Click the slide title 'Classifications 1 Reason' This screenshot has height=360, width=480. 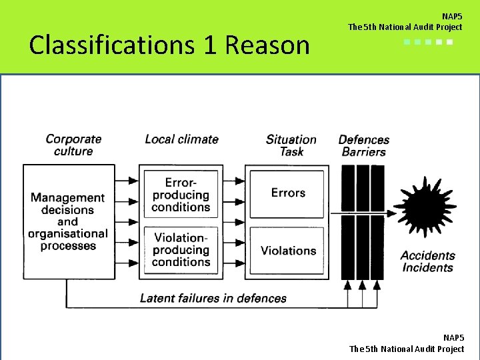point(170,45)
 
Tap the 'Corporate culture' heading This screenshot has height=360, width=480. point(73,145)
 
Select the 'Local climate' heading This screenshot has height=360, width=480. point(181,139)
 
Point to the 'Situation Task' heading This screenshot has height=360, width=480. point(291,145)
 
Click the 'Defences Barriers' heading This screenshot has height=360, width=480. point(364,145)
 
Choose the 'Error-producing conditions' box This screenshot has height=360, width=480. point(181,195)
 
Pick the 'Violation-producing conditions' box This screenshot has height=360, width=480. point(181,250)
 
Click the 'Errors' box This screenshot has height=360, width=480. point(288,193)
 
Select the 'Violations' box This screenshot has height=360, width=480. point(288,251)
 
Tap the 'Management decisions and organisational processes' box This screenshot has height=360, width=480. point(68,221)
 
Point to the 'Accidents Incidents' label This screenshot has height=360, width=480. point(427,261)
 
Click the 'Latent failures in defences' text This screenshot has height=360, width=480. point(213,298)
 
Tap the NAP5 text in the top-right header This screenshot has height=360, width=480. point(451,16)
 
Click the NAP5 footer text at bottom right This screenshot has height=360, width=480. point(453,338)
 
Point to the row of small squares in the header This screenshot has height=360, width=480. point(429,42)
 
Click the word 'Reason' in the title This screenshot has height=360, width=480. point(267,45)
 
